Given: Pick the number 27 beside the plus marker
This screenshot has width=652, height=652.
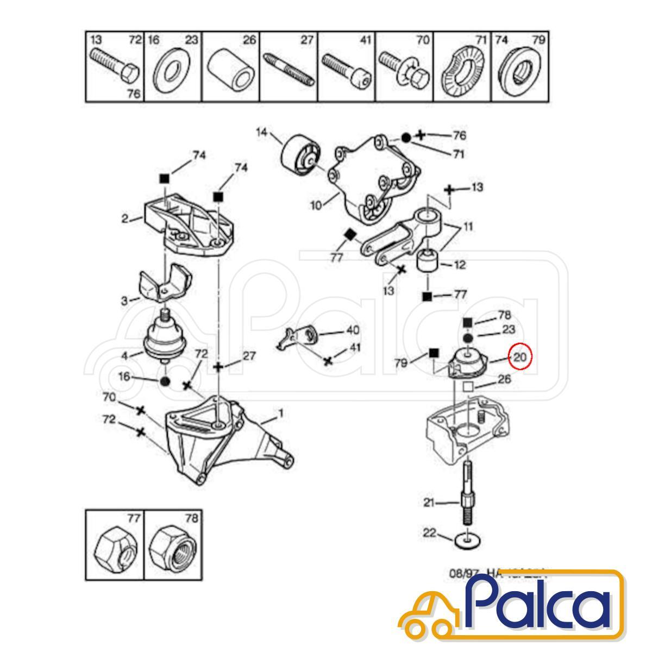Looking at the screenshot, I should (249, 356).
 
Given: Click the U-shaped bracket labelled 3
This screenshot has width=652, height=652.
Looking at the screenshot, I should (162, 283).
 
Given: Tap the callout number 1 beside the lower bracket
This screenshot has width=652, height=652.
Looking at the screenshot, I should (280, 413).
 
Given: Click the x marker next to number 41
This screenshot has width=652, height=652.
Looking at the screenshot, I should (328, 361).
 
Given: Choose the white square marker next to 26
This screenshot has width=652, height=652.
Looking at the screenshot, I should (466, 387).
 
